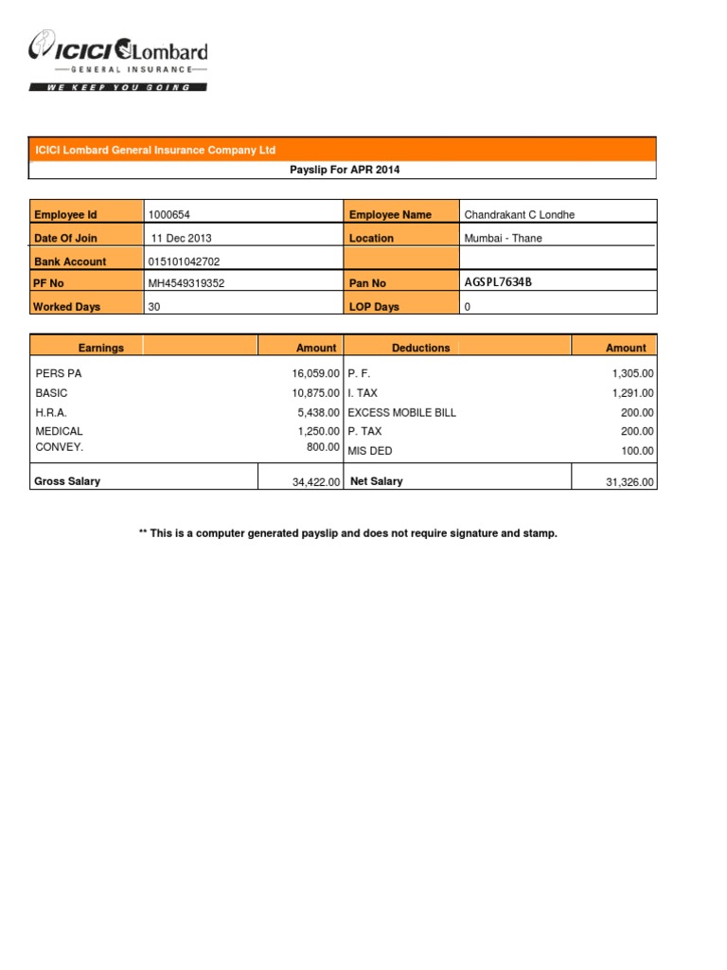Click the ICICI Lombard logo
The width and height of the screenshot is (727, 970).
118,60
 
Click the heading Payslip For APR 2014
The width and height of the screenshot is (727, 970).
342,170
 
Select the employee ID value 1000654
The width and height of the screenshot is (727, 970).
169,215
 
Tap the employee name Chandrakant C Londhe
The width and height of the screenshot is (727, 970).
519,215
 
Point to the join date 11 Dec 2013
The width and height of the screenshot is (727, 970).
182,238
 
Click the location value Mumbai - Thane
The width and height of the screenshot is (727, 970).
503,238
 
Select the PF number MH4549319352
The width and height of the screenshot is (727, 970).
186,283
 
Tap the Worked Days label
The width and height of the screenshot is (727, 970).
66,307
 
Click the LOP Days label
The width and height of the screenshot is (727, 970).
374,307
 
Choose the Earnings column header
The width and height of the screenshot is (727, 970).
101,348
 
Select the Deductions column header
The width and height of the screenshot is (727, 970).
421,348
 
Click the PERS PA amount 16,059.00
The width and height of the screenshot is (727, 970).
315,374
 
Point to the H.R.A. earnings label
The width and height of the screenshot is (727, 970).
51,412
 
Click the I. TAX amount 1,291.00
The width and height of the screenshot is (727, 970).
633,393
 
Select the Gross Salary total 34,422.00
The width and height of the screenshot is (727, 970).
316,482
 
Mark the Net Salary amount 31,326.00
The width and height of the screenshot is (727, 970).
629,482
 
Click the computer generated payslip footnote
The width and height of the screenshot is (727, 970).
348,533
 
